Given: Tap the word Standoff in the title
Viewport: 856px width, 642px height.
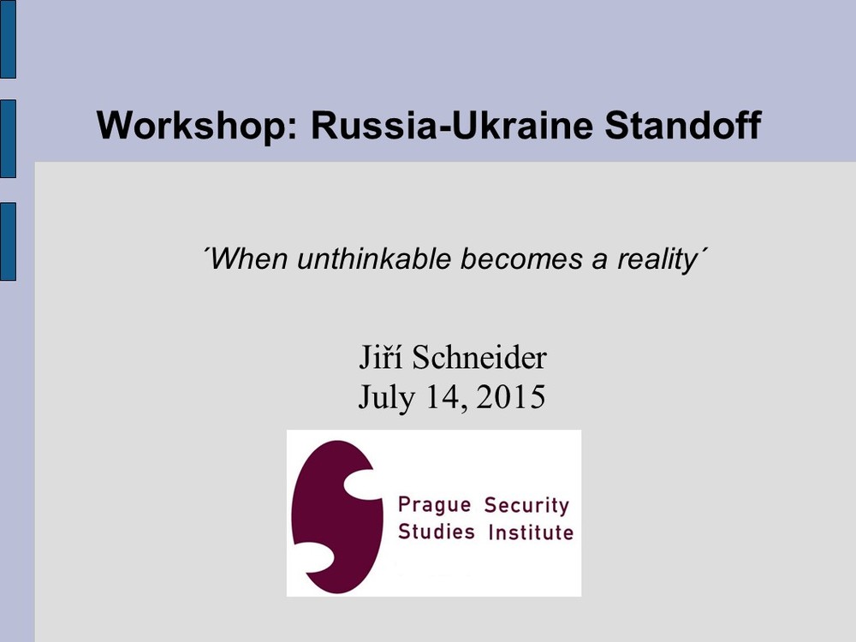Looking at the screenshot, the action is (x=683, y=125).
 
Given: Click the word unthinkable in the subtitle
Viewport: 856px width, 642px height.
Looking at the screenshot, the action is (x=374, y=259).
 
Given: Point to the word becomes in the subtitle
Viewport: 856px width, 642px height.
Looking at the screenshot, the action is (x=521, y=259).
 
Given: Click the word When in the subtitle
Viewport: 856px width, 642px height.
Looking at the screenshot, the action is (x=248, y=259).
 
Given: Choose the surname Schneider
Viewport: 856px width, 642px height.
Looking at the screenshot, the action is (x=479, y=358).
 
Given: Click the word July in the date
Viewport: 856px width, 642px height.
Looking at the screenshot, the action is (x=385, y=397).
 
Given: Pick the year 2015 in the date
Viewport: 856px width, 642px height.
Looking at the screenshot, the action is (x=510, y=396).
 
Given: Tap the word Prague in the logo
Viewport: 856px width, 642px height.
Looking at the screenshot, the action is (x=435, y=505).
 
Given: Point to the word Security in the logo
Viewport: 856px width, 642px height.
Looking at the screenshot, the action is (x=526, y=506).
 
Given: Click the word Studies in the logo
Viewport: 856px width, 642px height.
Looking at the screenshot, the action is (x=437, y=532).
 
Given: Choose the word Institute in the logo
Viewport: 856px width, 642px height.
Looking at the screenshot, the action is (x=532, y=532).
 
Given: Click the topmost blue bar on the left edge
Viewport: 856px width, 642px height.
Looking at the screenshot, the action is (x=8, y=39).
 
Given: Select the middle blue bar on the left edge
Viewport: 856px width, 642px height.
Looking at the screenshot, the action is (x=8, y=139).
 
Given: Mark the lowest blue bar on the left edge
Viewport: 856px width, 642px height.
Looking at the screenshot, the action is (x=8, y=241).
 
